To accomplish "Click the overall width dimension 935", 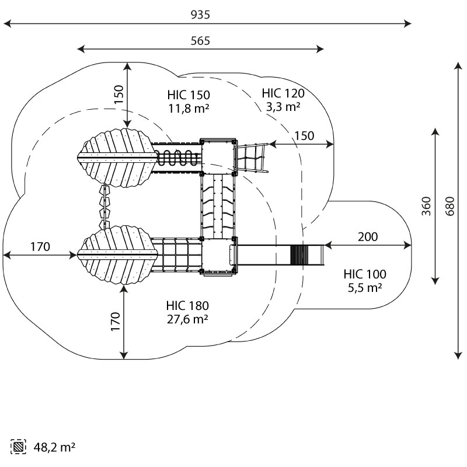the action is click(x=200, y=15).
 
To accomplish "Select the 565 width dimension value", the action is click(x=200, y=41).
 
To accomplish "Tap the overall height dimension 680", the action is click(x=450, y=206).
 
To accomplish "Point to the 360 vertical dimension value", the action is click(x=427, y=206).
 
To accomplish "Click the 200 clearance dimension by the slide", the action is click(x=368, y=237).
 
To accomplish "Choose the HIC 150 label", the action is click(x=189, y=95).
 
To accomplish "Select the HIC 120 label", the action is click(x=283, y=93).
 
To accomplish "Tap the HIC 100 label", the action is click(x=365, y=274).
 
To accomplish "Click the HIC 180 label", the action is click(x=187, y=305).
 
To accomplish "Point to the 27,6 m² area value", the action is click(x=187, y=319).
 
